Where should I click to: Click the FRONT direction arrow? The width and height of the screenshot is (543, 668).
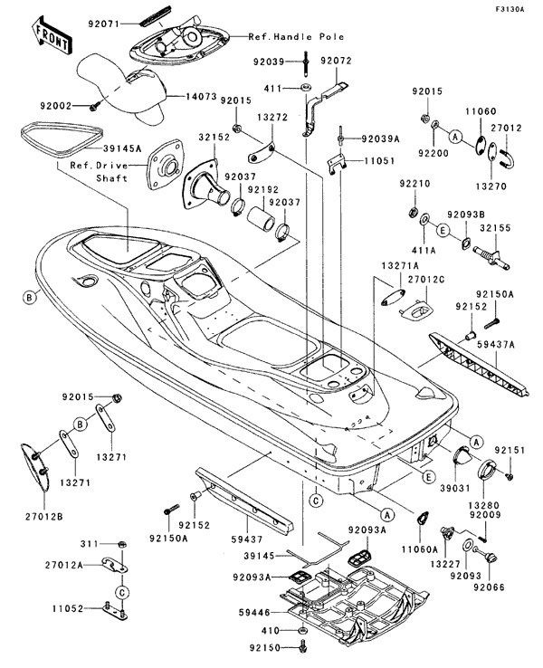[52, 33]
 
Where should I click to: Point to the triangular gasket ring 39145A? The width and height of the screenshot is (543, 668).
[58, 137]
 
